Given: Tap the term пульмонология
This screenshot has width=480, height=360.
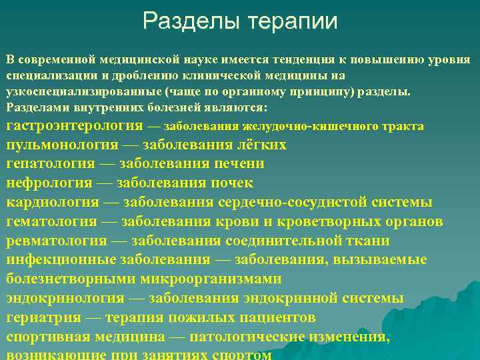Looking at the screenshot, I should pyautogui.click(x=63, y=145).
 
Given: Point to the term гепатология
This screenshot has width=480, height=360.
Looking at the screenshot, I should pyautogui.click(x=51, y=163).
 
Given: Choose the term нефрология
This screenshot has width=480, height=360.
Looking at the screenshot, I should pyautogui.click(x=49, y=183).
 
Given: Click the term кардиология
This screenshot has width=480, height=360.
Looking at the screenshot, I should pyautogui.click(x=53, y=202).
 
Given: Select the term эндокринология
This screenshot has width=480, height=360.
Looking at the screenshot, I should pyautogui.click(x=65, y=298).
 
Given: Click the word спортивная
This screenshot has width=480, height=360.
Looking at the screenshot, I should pyautogui.click(x=47, y=337).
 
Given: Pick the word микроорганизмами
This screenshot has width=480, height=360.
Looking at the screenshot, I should pyautogui.click(x=205, y=279).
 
